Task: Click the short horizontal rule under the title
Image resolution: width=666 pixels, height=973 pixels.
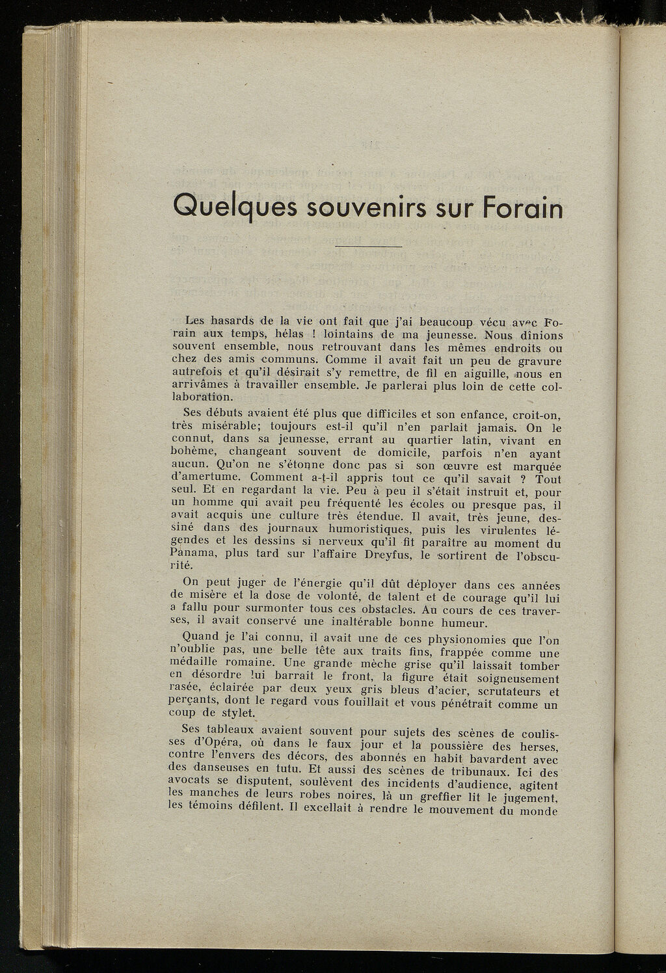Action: coord(369,247)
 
